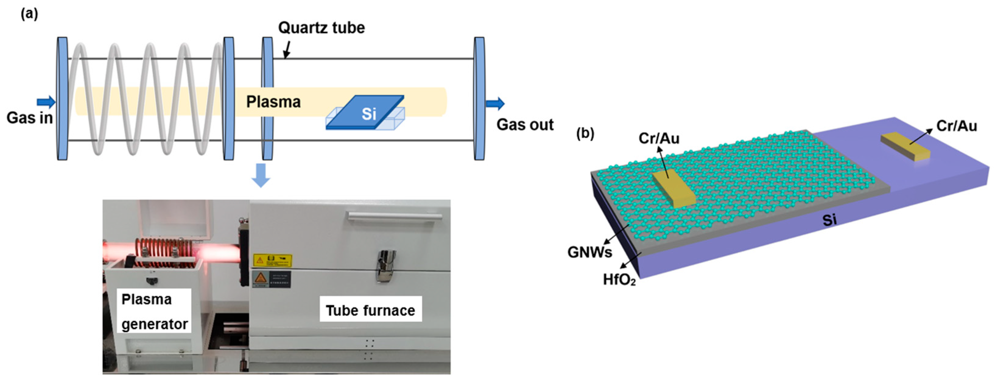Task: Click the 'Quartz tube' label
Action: [x=322, y=28]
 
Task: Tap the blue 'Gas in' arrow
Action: [x=46, y=102]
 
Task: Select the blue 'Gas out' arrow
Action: [x=495, y=103]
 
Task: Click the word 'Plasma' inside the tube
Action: [x=273, y=102]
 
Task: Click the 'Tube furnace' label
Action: [x=370, y=310]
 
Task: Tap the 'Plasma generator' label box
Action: [x=154, y=311]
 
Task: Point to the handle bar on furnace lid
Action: [x=394, y=216]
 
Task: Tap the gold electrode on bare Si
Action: [x=905, y=146]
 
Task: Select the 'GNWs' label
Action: [x=589, y=252]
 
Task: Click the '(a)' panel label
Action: [x=29, y=14]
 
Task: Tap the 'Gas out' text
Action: [x=525, y=124]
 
